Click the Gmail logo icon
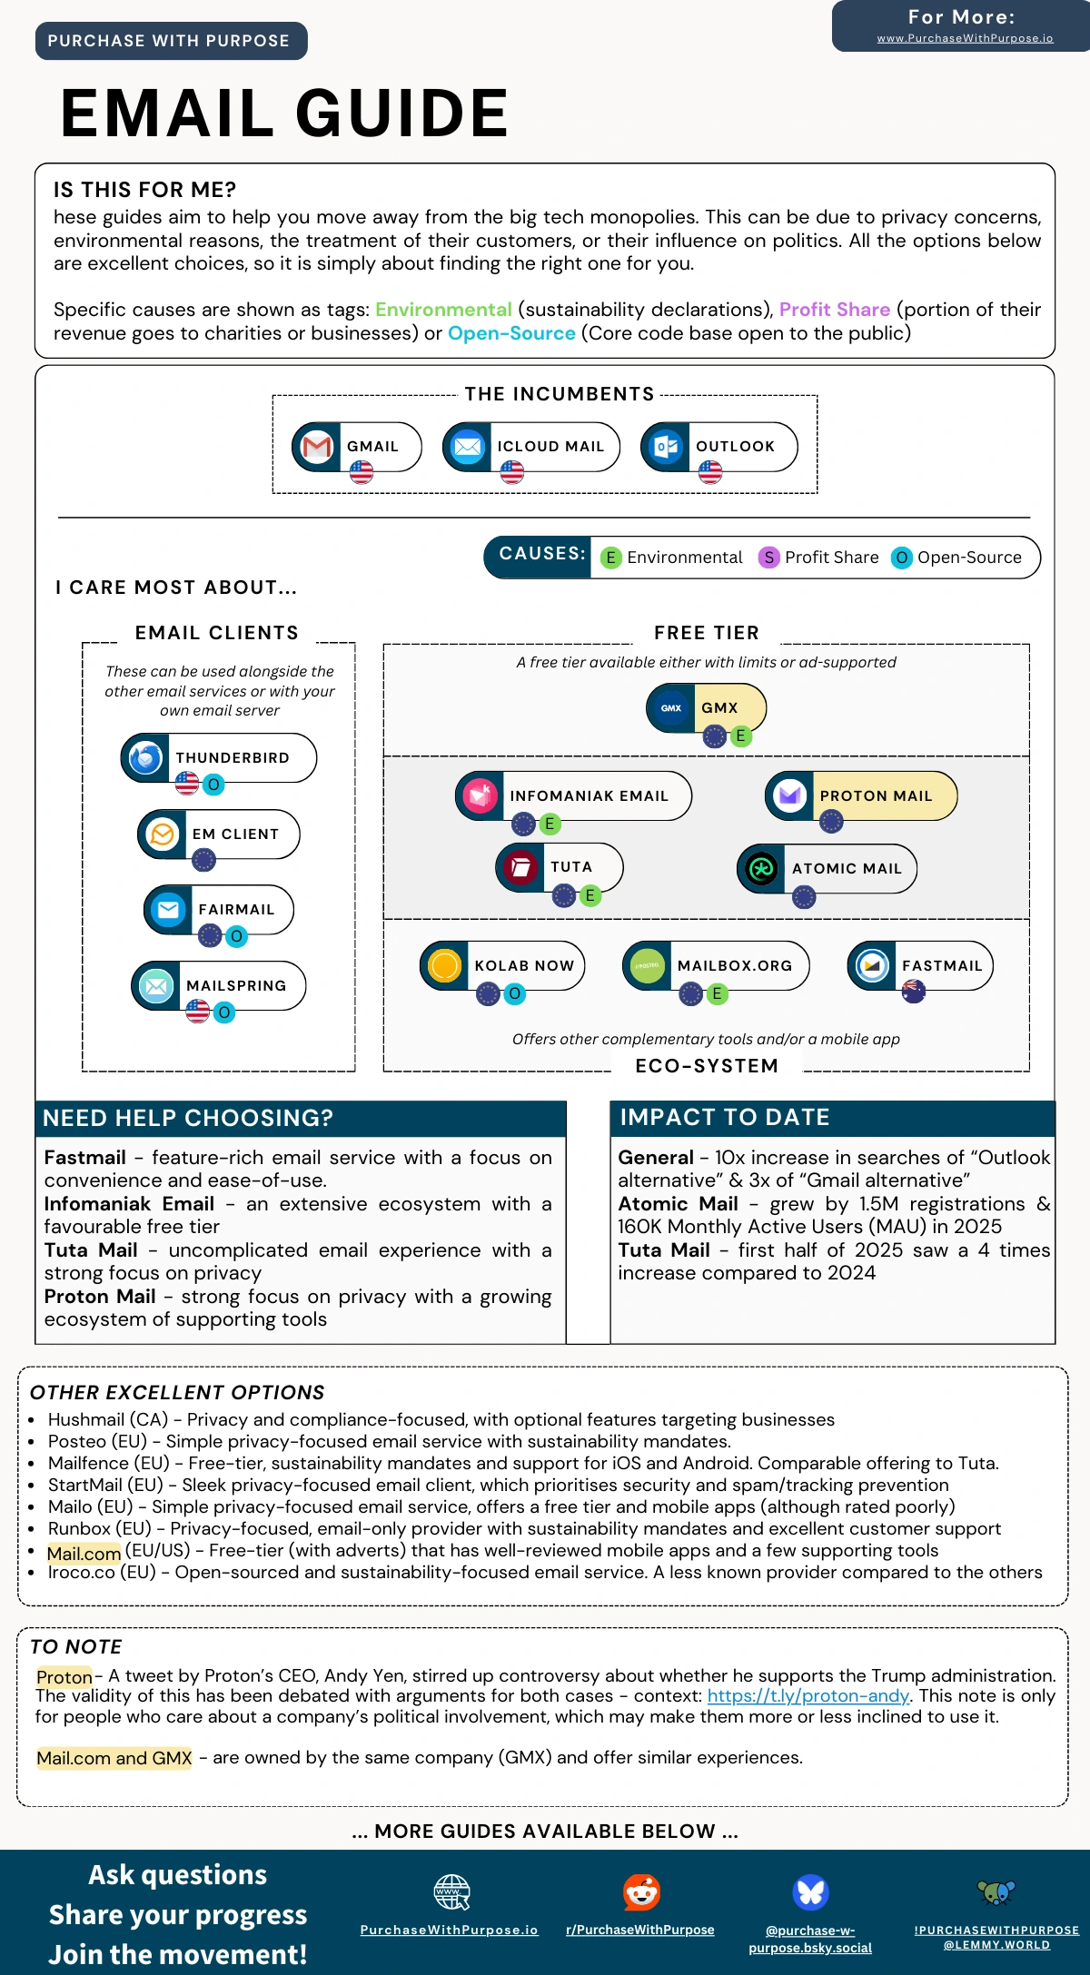[x=316, y=447]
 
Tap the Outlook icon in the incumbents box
[x=666, y=447]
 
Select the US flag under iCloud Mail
[x=512, y=472]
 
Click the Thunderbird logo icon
[x=145, y=757]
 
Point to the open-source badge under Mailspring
[x=224, y=1012]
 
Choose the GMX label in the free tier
[x=719, y=708]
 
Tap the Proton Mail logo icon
[x=789, y=795]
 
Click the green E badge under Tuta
[x=590, y=895]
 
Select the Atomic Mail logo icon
[x=761, y=869]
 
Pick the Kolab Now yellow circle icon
[x=444, y=965]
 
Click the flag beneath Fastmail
[x=913, y=992]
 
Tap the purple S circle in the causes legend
[x=768, y=558]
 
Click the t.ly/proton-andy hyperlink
[x=808, y=1695]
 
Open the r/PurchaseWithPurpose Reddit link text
[x=640, y=1930]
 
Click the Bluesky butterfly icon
[x=810, y=1892]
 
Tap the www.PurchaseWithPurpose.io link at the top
[x=965, y=38]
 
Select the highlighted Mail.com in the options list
[x=84, y=1554]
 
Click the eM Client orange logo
[x=163, y=834]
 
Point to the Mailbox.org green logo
[x=647, y=965]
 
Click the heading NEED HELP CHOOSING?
[x=188, y=1118]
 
